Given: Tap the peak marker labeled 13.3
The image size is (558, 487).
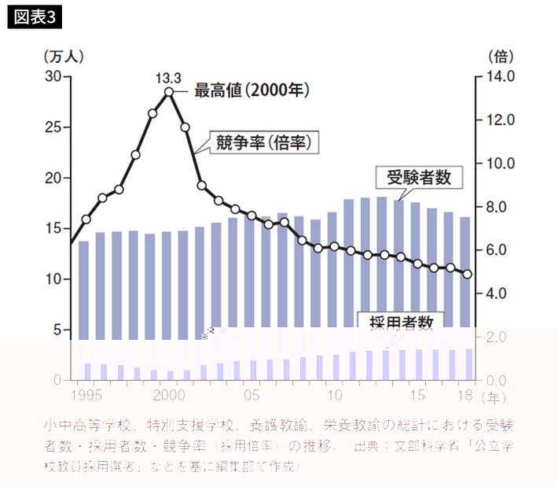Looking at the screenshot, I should [169, 92].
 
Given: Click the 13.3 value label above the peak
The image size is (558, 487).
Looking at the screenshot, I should [168, 77].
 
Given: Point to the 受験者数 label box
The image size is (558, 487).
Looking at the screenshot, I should [419, 177].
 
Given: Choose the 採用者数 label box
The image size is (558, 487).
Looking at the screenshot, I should [399, 321].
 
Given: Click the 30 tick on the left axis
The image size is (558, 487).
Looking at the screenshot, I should [53, 76].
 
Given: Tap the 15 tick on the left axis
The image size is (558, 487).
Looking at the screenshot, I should [53, 228].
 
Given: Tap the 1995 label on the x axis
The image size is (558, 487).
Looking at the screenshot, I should [85, 393].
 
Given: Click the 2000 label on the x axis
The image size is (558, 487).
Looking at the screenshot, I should [169, 393].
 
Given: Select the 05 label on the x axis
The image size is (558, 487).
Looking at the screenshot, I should [251, 393].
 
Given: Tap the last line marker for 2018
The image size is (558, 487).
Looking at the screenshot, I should [467, 274].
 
